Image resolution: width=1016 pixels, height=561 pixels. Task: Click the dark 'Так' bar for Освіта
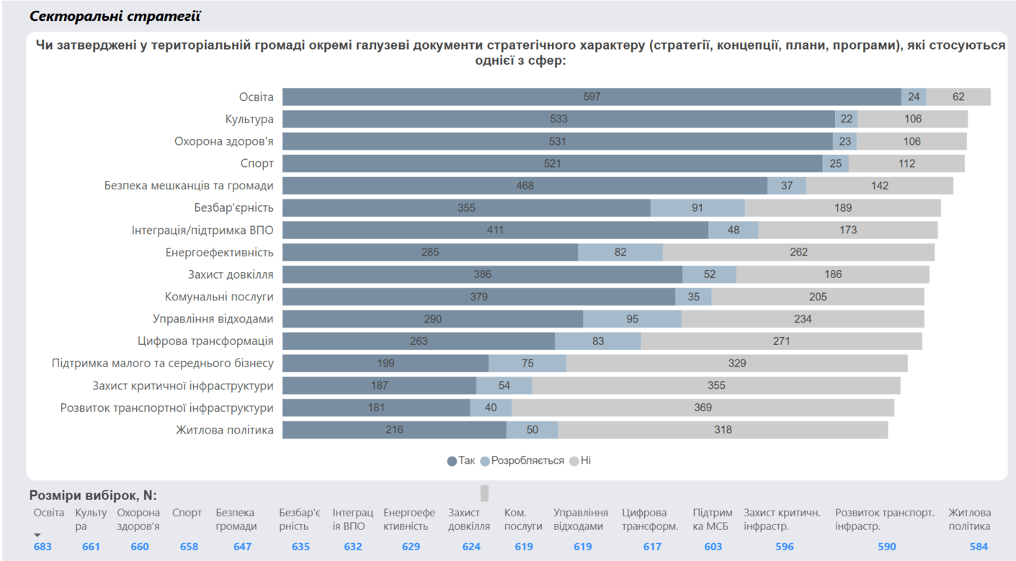click(592, 97)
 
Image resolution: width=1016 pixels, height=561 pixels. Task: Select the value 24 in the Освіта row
click(914, 97)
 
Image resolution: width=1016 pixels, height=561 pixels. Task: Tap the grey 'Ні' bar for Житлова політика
click(723, 430)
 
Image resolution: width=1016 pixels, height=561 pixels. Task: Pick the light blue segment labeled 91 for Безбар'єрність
click(698, 208)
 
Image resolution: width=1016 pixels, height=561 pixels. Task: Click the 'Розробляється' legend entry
click(522, 461)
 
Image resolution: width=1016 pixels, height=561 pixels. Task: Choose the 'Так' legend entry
click(461, 461)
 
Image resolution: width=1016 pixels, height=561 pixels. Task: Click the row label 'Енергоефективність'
click(219, 253)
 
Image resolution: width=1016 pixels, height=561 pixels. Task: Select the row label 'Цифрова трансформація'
click(205, 341)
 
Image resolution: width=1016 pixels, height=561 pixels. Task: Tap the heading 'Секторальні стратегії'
click(115, 16)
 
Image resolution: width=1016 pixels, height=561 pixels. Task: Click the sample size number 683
click(43, 547)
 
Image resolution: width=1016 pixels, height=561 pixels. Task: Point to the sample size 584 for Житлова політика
click(979, 547)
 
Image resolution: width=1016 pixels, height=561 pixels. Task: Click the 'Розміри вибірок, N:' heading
click(93, 495)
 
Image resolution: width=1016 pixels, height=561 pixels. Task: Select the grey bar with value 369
click(703, 408)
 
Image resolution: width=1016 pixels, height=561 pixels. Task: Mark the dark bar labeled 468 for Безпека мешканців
click(525, 186)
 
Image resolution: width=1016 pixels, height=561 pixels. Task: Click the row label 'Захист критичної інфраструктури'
click(183, 386)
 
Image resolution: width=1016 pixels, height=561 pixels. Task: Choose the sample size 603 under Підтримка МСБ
click(713, 547)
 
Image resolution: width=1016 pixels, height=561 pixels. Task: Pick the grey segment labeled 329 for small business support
click(736, 364)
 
